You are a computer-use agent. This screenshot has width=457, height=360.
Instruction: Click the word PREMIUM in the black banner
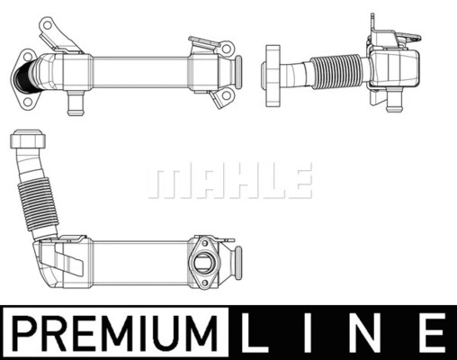(x=114, y=333)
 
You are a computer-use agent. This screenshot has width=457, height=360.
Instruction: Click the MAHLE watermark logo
(x=228, y=180)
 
